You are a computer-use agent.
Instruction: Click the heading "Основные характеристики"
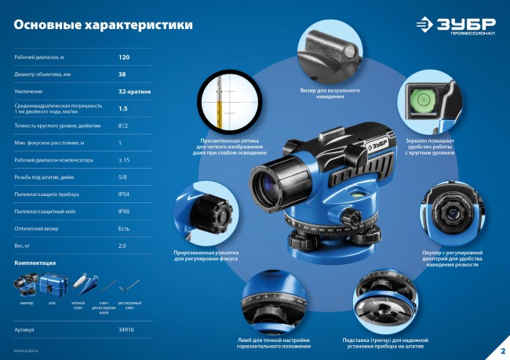coord(103,25)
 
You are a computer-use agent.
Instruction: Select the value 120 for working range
coord(123,58)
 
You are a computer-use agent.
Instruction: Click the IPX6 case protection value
coord(123,211)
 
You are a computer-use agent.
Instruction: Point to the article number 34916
coord(126,331)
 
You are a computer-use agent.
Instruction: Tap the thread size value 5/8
coord(122,176)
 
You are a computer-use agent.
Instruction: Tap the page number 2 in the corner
coord(502,349)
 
